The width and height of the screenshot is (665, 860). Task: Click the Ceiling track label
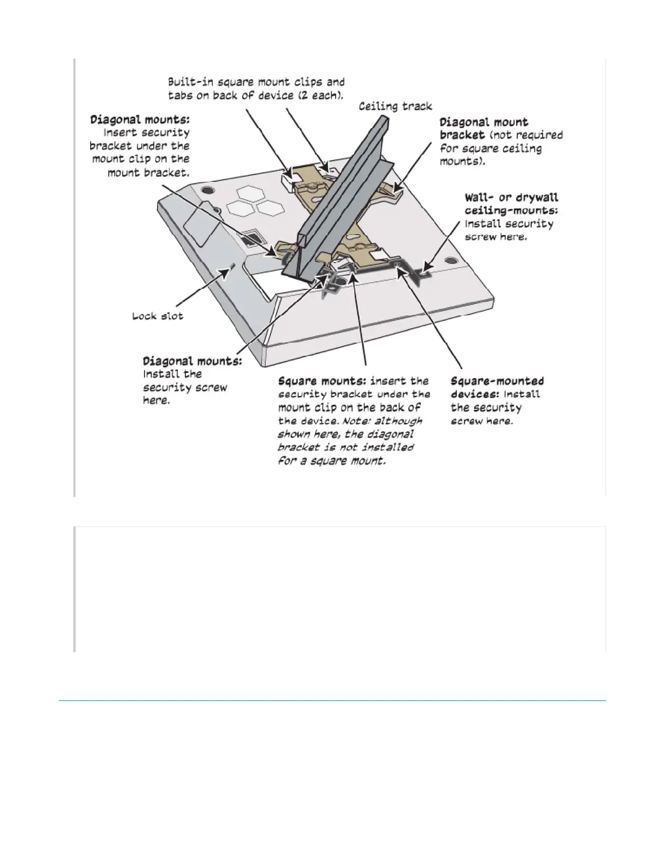point(395,106)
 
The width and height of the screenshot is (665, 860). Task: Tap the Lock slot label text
point(158,316)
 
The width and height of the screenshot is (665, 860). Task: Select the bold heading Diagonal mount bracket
point(484,128)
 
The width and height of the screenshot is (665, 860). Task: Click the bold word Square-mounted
point(497,381)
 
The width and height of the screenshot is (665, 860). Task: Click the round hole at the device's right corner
point(450,261)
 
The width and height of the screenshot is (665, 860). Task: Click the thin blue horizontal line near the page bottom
point(332,701)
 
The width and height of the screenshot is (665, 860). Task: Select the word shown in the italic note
point(294,434)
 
